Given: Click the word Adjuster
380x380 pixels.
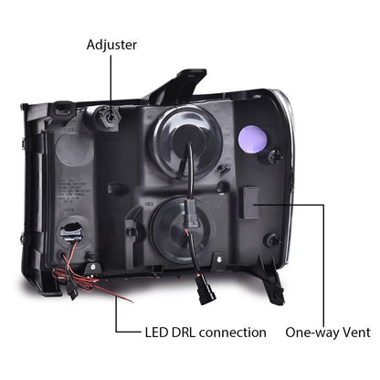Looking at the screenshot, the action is pos(111,45).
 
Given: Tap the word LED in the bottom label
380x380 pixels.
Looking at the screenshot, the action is pos(156,332).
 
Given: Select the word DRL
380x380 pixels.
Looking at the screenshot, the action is pos(184,332).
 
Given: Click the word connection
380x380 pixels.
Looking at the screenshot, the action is pos(233,332).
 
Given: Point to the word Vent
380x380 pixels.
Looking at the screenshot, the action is pos(356,332).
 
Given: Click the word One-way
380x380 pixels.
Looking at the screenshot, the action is pos(312,332).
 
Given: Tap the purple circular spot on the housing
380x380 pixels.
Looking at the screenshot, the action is pos(252,139).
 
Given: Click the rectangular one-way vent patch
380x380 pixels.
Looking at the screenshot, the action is pos(250,203).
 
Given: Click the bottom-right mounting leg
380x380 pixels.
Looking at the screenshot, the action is pos(271,280).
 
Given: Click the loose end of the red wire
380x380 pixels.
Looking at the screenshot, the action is pos(132,302).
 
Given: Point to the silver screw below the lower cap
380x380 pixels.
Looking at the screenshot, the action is pos(219,259).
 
